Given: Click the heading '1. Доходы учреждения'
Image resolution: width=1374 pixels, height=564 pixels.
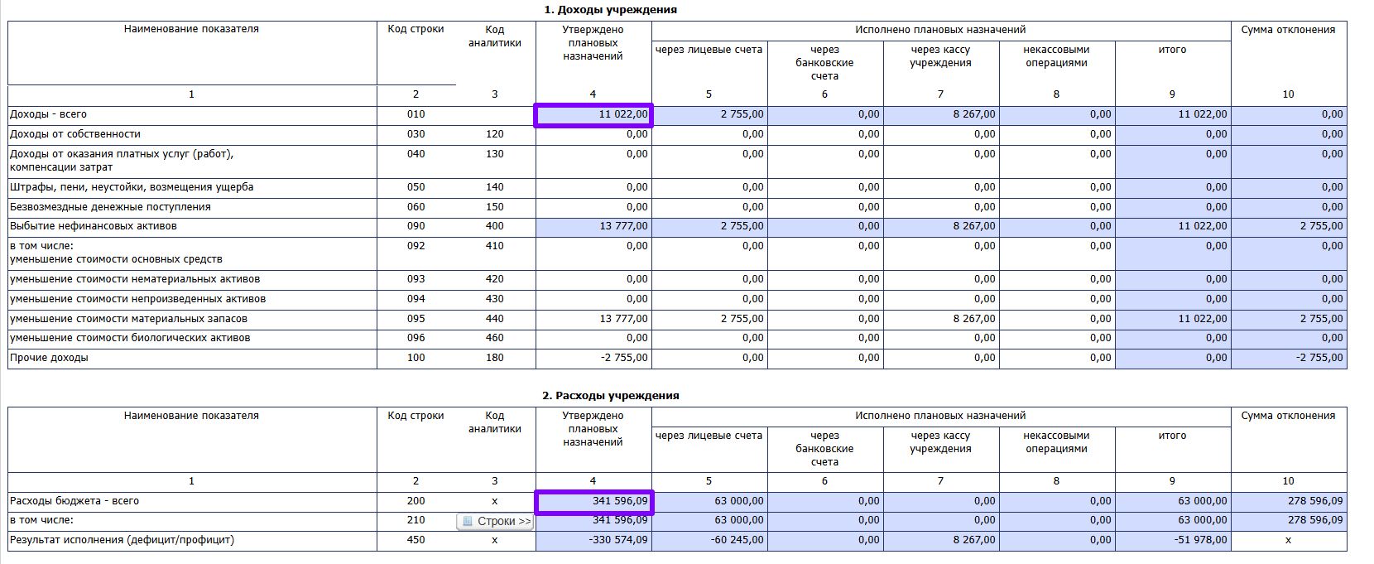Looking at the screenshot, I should [610, 10].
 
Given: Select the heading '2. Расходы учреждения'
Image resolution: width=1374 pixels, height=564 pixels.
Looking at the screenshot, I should [610, 396].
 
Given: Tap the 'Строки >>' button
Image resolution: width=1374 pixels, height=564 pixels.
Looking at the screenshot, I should [496, 522].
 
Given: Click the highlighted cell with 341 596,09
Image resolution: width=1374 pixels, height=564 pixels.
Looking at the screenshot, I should [594, 502].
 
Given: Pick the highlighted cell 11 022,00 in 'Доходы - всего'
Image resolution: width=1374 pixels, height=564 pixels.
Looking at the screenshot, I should [594, 115].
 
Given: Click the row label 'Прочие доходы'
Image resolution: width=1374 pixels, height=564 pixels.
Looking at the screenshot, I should [49, 359].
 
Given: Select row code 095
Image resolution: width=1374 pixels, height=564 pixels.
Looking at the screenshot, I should [416, 319].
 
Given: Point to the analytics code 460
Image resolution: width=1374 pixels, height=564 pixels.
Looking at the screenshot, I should [494, 338].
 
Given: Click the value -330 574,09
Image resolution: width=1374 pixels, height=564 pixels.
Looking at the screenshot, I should [618, 541].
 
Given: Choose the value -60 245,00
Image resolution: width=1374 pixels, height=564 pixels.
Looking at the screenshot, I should [737, 541].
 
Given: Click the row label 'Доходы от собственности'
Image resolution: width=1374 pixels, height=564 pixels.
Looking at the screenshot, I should [75, 134].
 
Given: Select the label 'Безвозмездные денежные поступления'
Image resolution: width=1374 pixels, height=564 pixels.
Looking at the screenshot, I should [110, 207].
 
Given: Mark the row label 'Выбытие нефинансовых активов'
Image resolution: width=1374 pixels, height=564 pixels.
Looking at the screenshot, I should [94, 226].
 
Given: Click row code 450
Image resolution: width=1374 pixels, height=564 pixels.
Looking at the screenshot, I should [416, 540].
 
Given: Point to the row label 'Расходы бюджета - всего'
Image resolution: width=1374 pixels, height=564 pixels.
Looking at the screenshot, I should [74, 501].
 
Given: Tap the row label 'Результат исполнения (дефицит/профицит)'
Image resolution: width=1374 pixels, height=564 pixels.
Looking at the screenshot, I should [122, 540].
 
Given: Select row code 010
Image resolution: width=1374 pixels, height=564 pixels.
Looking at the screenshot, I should [416, 114].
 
